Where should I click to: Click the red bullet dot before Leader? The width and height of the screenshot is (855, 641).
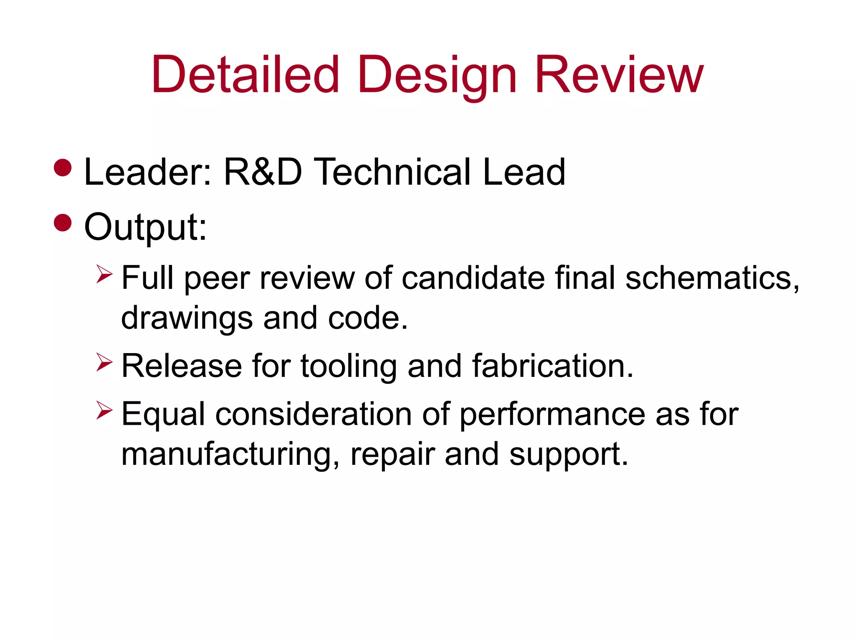[63, 168]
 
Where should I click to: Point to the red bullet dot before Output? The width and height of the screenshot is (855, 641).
[63, 222]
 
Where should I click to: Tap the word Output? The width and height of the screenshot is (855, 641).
[145, 227]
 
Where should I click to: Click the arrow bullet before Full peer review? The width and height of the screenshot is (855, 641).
[104, 274]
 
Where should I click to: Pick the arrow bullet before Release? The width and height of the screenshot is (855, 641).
[104, 362]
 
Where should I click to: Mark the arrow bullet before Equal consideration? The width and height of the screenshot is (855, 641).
[104, 410]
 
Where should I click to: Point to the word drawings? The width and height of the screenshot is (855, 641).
[187, 318]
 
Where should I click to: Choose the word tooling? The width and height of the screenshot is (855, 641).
[349, 366]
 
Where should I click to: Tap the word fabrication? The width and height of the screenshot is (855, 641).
[553, 366]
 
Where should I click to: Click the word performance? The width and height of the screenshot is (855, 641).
[552, 414]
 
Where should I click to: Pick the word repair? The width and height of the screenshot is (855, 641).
[392, 454]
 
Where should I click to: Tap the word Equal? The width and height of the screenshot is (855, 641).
[163, 414]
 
